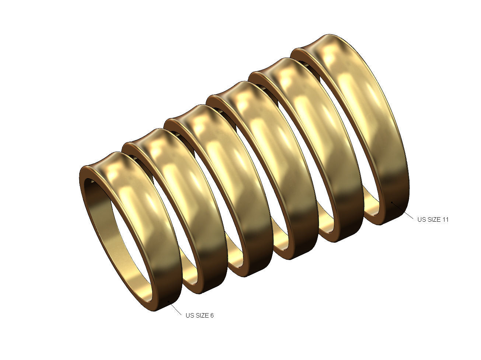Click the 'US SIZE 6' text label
[x=199, y=315]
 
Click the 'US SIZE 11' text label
[x=433, y=219]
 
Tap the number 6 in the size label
[x=212, y=315]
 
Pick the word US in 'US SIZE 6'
[x=189, y=315]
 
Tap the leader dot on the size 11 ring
[x=392, y=202]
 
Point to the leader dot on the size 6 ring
[x=169, y=302]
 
